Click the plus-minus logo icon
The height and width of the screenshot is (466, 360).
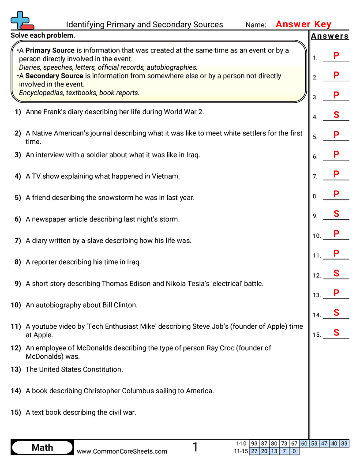(x=21, y=20)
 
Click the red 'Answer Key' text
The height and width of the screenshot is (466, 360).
(x=304, y=24)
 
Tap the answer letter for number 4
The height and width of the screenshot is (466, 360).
(x=336, y=115)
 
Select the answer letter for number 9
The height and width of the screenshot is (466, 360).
(x=336, y=214)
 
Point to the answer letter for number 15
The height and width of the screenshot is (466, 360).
(x=336, y=333)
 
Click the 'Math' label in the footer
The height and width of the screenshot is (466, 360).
(x=42, y=447)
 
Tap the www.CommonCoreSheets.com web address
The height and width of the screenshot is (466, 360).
(x=122, y=451)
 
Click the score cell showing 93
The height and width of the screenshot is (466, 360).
(x=254, y=443)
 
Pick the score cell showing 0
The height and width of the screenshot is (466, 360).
(x=294, y=451)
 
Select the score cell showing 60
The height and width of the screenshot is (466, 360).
(x=304, y=443)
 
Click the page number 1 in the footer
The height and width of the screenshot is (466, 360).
(x=195, y=447)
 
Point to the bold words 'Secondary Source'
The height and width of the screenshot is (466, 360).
(x=54, y=76)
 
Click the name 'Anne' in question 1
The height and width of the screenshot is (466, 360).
(x=34, y=112)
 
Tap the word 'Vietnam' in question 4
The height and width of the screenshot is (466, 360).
(x=167, y=176)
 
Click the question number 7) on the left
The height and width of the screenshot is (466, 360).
(x=18, y=241)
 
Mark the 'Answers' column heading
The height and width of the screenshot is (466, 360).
(x=330, y=36)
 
